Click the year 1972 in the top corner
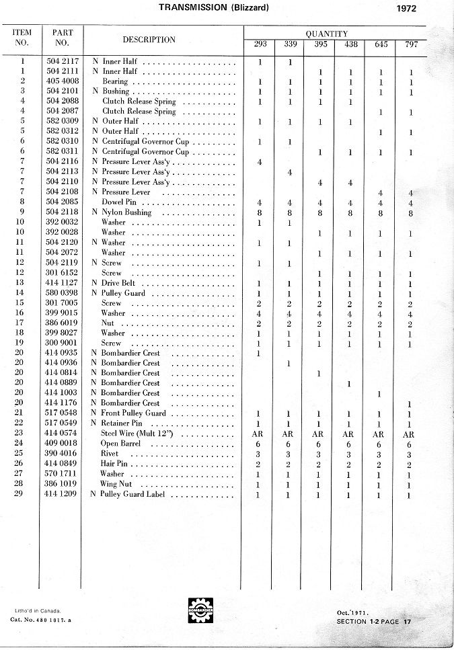coord(406,9)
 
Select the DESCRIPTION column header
coord(149,40)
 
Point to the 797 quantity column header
coord(411,44)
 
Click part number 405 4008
coord(62,81)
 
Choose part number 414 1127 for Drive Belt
coord(62,283)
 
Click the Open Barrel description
coord(119,444)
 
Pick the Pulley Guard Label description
coord(132,495)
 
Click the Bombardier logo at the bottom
coord(200,611)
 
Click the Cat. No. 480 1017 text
coord(40,619)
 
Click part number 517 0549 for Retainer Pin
coord(62,423)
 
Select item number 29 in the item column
coord(22,494)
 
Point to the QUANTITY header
coord(326,34)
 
